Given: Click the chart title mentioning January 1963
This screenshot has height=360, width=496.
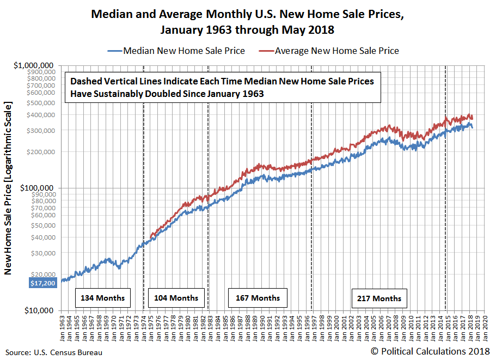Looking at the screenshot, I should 247,21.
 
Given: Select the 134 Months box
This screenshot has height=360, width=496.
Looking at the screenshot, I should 102,298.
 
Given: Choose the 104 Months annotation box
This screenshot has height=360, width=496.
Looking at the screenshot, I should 176,298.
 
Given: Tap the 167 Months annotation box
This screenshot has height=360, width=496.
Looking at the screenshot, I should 258,298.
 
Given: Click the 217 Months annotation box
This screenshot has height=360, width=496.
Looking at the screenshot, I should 379,298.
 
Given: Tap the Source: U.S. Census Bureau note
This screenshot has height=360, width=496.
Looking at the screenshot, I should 53,352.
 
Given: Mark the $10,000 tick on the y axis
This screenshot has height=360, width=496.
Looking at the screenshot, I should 41,310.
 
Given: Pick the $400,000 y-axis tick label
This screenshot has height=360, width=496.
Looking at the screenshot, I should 42,115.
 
